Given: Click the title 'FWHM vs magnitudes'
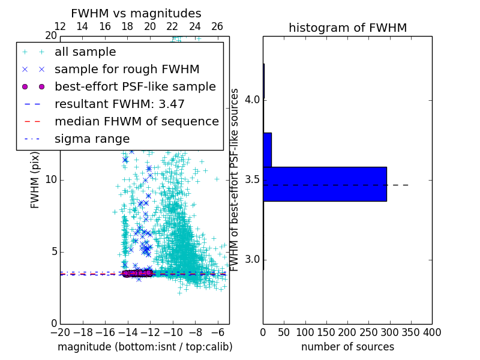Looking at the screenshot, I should (x=136, y=14).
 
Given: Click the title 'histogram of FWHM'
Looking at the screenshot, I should (x=347, y=28).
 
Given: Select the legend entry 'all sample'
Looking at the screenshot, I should (x=85, y=52).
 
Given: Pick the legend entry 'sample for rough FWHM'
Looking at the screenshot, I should (x=127, y=69).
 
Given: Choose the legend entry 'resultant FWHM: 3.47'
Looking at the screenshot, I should (x=119, y=104).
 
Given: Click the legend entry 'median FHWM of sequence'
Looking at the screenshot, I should (x=136, y=121).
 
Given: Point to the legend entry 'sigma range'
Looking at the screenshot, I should (x=92, y=139).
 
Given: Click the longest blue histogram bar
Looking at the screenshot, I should (x=325, y=184).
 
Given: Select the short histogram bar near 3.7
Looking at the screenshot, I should (x=267, y=149).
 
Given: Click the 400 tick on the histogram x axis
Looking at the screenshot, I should (x=432, y=332).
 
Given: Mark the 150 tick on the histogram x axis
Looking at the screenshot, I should (x=326, y=332).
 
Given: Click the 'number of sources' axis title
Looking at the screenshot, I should (x=347, y=347).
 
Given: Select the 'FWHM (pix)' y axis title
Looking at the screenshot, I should (x=35, y=180).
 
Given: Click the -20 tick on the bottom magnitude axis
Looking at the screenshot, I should (x=60, y=332).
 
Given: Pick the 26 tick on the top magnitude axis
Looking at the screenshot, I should (x=217, y=26).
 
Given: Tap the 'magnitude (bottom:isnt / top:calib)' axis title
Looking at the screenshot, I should (x=145, y=347).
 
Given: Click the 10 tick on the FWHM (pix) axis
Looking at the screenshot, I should (x=52, y=180).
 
